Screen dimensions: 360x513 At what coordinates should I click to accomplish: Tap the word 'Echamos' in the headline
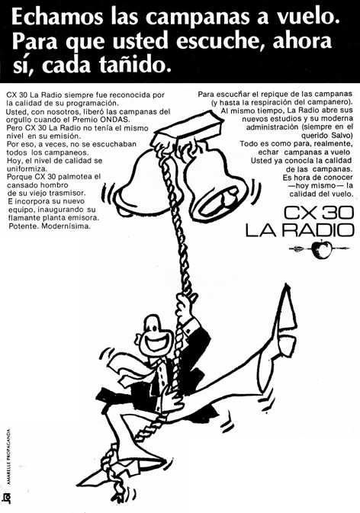(58, 18)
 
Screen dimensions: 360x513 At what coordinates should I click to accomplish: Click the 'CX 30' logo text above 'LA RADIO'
(319, 213)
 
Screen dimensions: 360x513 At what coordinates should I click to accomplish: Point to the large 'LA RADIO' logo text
(300, 230)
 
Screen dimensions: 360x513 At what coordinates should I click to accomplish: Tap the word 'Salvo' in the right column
(344, 135)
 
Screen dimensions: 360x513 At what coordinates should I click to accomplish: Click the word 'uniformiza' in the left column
(27, 168)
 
